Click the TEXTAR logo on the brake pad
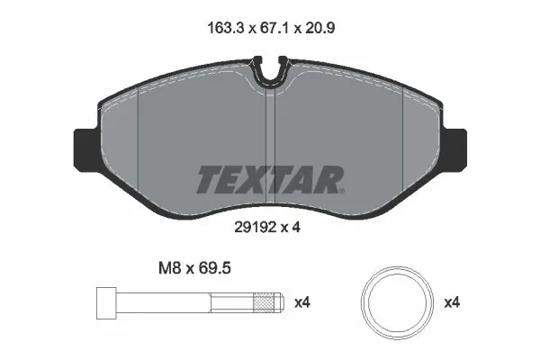[269, 179]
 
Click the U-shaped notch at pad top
[270, 72]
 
